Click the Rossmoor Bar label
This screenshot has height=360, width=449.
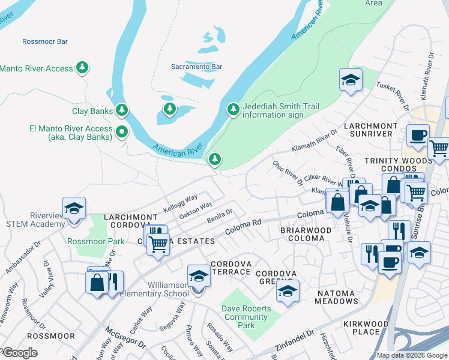tap(45, 41)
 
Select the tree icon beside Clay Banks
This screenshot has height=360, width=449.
tap(122, 110)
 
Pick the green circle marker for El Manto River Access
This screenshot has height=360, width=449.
tap(122, 132)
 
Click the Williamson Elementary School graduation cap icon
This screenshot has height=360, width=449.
tap(199, 276)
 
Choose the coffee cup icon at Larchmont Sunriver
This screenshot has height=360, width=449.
tap(418, 135)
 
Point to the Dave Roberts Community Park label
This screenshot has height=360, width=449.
tap(246, 317)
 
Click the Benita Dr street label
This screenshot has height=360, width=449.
tap(220, 217)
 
